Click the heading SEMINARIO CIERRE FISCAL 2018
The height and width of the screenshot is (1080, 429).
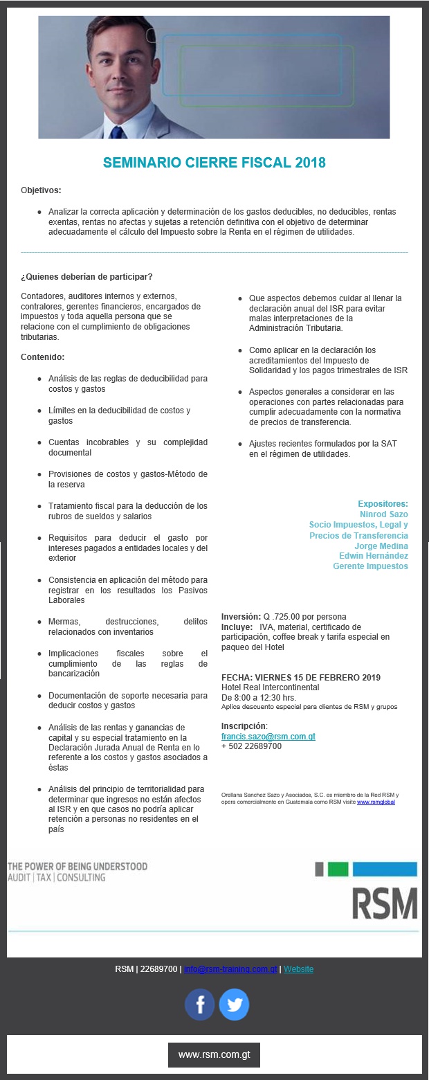click(x=214, y=163)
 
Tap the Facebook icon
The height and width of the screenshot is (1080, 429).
click(x=200, y=1005)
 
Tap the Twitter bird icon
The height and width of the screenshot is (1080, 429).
click(x=234, y=1005)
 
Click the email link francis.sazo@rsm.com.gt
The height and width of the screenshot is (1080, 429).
click(x=268, y=737)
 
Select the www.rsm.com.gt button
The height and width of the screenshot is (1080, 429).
click(x=214, y=1055)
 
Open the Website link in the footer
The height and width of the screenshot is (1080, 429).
click(x=298, y=969)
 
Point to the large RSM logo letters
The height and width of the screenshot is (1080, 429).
click(x=385, y=903)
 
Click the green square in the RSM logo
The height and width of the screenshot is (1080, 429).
click(x=338, y=870)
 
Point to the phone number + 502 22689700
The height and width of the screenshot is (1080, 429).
click(x=251, y=746)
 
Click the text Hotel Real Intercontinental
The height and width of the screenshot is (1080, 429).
click(x=270, y=687)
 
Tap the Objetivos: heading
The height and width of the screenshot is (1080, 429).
click(x=41, y=190)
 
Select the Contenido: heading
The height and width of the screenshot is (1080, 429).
click(x=42, y=357)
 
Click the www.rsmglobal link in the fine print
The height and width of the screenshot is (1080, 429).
click(x=376, y=801)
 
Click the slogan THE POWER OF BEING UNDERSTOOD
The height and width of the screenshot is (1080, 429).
click(x=77, y=866)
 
